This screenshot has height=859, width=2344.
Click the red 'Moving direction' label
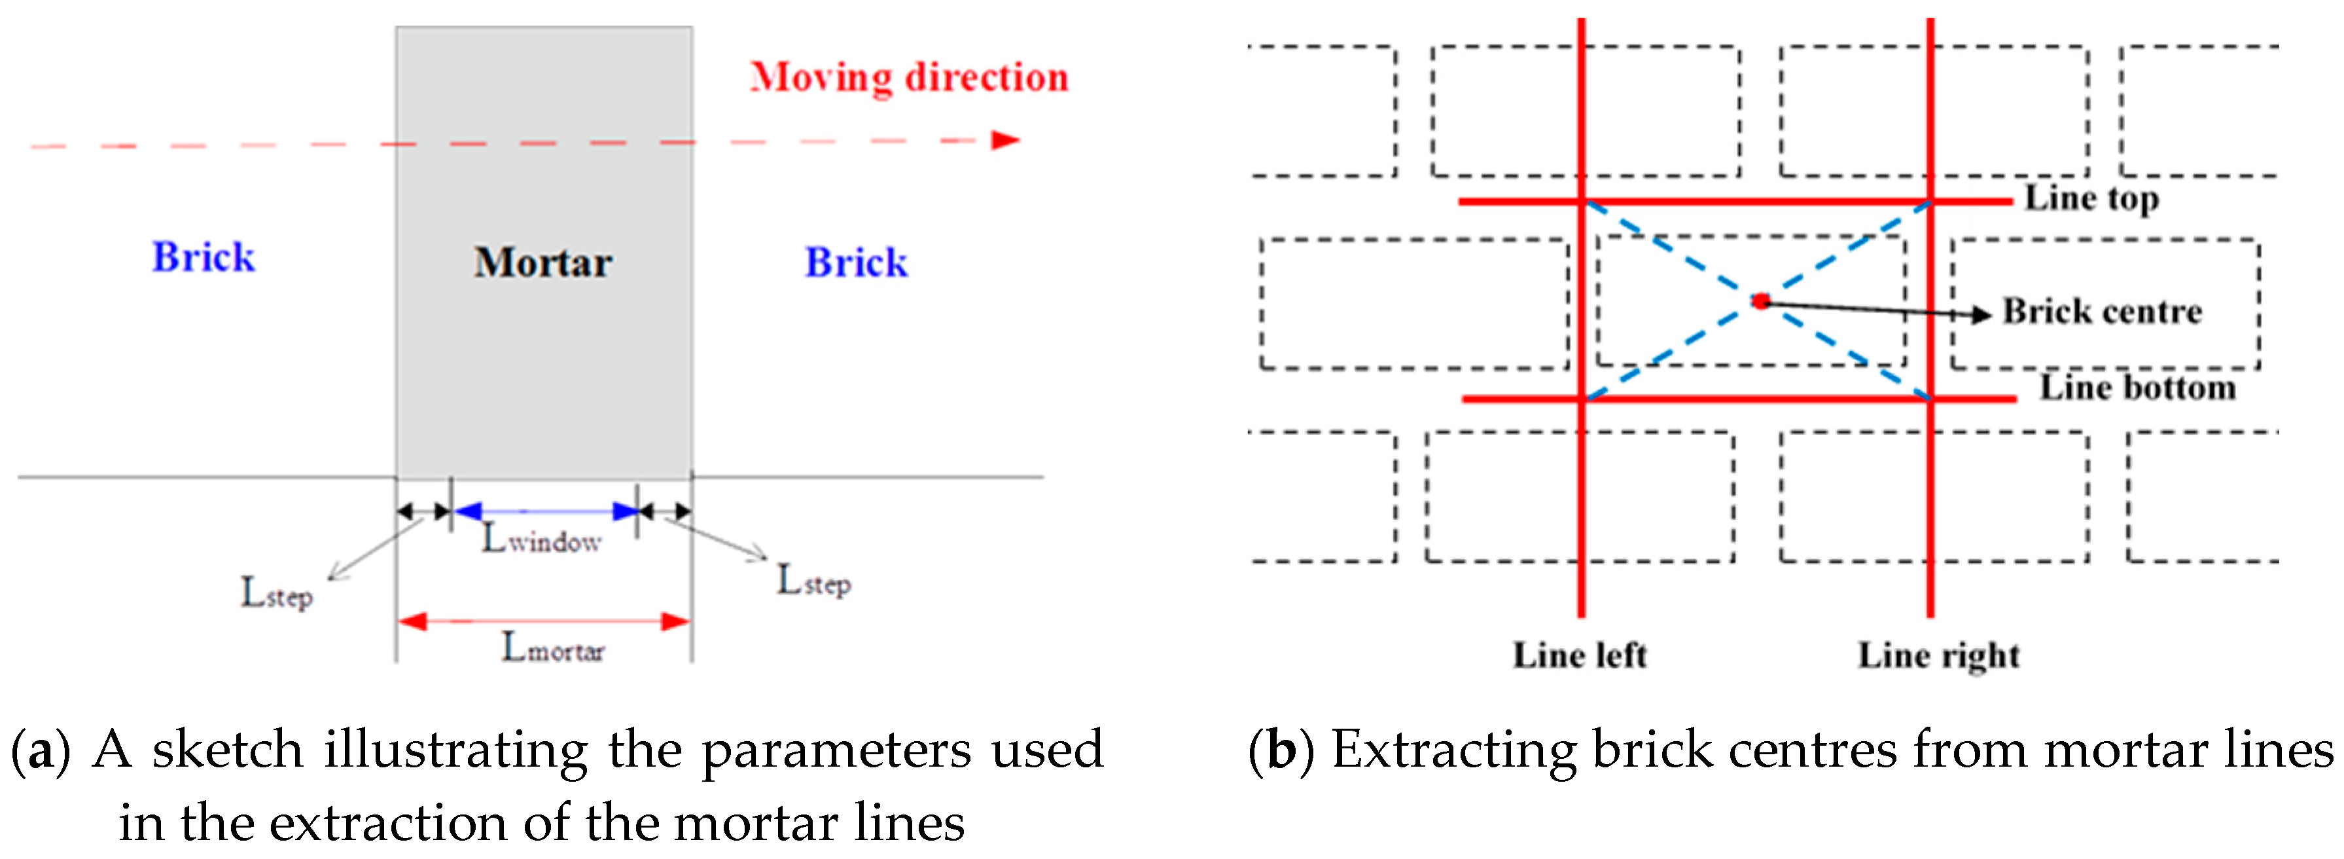pyautogui.click(x=909, y=77)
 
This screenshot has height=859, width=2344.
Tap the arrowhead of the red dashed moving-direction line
pyautogui.click(x=1006, y=140)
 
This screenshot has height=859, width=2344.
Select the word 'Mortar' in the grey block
pyautogui.click(x=543, y=263)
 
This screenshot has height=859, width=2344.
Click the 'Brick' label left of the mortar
pyautogui.click(x=203, y=257)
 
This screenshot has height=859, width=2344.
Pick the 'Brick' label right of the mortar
pyautogui.click(x=856, y=263)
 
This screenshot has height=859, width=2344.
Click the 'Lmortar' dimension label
pyautogui.click(x=553, y=649)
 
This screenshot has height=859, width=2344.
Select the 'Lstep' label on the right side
pyautogui.click(x=813, y=581)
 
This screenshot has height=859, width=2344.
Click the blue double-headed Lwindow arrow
pyautogui.click(x=545, y=511)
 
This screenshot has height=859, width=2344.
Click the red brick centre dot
pyautogui.click(x=1762, y=301)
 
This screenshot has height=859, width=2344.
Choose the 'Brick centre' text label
pyautogui.click(x=2102, y=312)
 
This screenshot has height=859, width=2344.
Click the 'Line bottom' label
pyautogui.click(x=2137, y=388)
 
